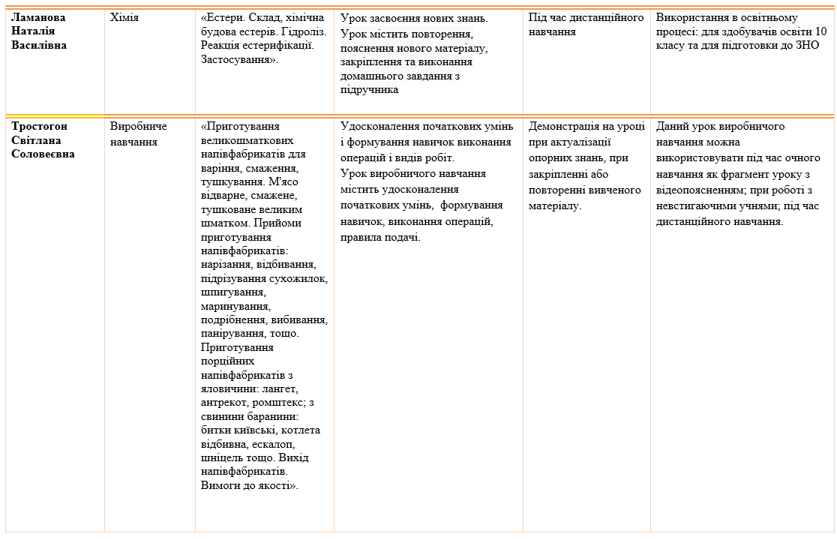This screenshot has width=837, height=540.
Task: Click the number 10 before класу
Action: (820, 31)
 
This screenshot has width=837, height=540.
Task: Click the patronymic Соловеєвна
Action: (43, 154)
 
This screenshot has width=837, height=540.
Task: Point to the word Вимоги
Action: (222, 485)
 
